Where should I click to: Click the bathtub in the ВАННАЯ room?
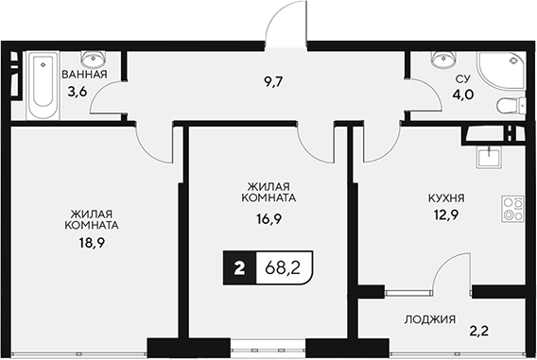[42, 86]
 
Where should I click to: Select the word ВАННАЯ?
[84, 74]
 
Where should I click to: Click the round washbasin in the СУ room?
[441, 60]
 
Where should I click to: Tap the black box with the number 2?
[239, 268]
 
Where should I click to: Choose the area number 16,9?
[268, 216]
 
